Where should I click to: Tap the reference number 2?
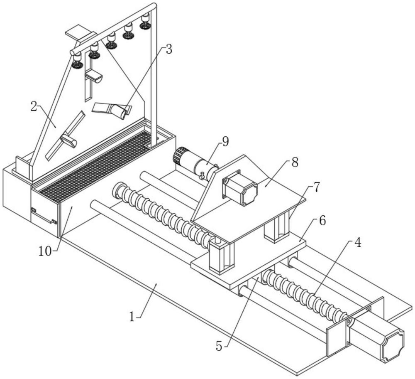pos(34,106)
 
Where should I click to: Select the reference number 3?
pos(169,49)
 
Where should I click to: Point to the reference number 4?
pos(358,243)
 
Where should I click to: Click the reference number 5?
pos(219,346)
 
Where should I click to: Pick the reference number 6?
pos(322,221)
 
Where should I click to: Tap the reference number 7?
pos(316,187)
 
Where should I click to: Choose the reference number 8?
pos(295,162)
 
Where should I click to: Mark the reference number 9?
pos(225,142)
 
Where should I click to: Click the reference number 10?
pos(45,251)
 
